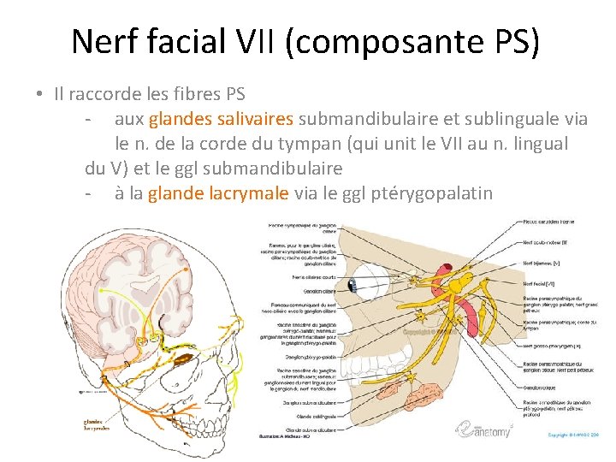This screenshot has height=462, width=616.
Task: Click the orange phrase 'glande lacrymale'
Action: tap(218, 192)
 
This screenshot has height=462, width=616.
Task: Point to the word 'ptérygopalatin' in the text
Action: tap(433, 192)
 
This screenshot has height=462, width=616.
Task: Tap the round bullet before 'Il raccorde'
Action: tap(40, 94)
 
